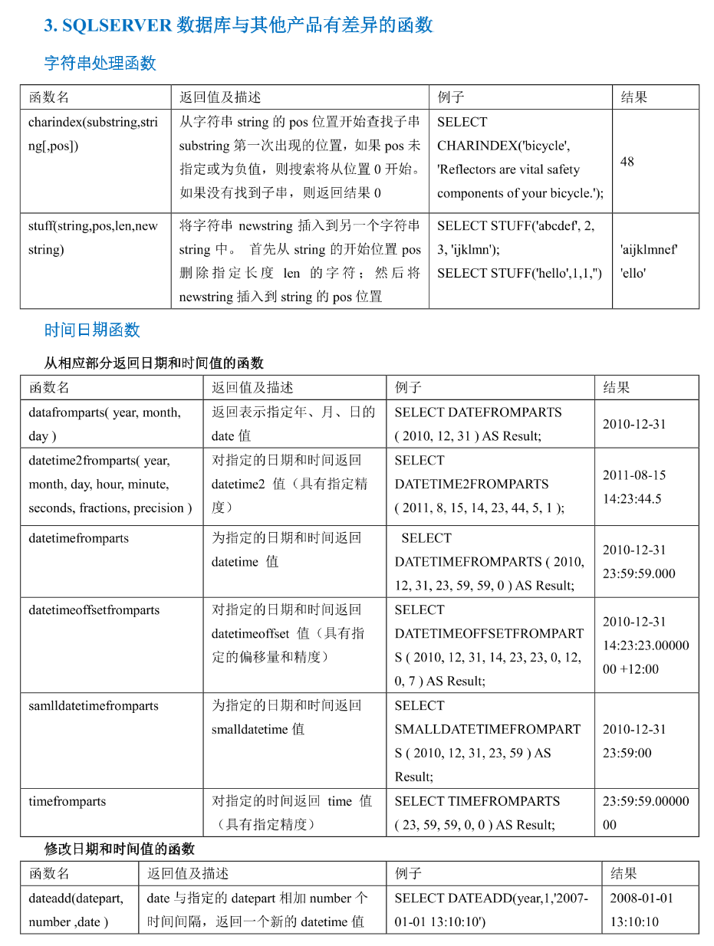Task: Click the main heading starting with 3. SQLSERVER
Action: (x=239, y=25)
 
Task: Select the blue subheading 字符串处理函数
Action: (x=100, y=63)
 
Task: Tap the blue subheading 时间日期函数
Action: (x=92, y=330)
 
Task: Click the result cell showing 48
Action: (x=627, y=162)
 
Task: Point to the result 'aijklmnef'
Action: (x=649, y=249)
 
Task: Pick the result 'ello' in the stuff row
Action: (x=633, y=273)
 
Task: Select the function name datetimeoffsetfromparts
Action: (x=94, y=610)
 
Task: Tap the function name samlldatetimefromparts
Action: (x=94, y=706)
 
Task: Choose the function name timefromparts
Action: (x=67, y=802)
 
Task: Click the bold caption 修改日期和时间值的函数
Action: (x=120, y=849)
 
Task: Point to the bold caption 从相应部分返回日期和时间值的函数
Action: (x=153, y=363)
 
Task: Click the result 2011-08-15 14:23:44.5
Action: (x=634, y=487)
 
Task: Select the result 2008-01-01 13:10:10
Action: (x=641, y=910)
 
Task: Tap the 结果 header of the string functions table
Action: (x=633, y=97)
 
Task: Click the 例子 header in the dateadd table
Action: (x=408, y=874)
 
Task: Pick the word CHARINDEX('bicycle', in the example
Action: (x=503, y=146)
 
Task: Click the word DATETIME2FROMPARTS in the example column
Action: (x=472, y=484)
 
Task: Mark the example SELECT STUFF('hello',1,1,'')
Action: (x=519, y=273)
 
